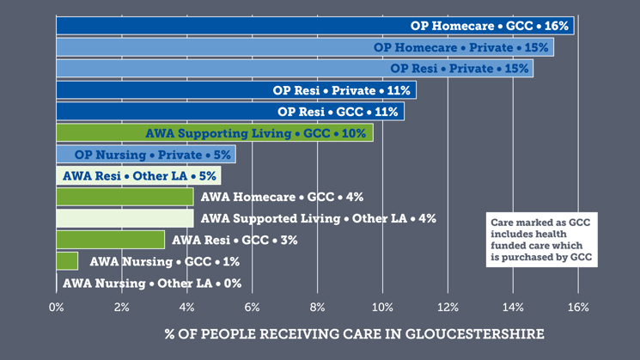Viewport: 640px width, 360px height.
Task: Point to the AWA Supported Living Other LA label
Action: [x=318, y=218]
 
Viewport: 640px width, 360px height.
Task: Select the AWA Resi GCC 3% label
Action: [x=235, y=240]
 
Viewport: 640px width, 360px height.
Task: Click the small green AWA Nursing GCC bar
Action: [x=67, y=261]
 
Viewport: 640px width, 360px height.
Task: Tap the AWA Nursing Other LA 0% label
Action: [x=152, y=283]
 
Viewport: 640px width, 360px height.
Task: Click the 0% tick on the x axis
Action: [x=57, y=307]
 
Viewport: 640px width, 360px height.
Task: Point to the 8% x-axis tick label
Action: [x=317, y=307]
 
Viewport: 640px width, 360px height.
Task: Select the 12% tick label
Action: [x=448, y=307]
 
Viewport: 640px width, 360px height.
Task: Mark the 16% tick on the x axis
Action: [x=578, y=307]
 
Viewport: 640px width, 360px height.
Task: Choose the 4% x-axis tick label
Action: [x=186, y=307]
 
